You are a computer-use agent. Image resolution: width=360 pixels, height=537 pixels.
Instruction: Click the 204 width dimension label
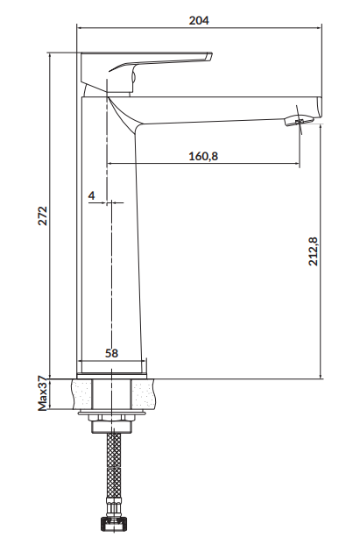[x=199, y=20]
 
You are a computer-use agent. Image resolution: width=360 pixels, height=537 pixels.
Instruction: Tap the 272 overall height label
[x=43, y=216]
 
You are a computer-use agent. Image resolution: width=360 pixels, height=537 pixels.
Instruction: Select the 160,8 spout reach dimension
[x=203, y=156]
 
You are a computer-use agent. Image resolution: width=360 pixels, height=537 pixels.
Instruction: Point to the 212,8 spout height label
[x=313, y=251]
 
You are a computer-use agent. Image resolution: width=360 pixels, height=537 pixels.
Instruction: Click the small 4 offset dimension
[x=91, y=195]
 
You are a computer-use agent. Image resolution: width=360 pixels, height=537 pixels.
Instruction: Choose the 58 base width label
[x=111, y=353]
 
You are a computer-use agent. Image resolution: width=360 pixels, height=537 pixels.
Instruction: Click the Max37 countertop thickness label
[x=42, y=393]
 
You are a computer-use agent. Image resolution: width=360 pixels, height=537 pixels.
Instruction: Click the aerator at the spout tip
[x=299, y=120]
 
